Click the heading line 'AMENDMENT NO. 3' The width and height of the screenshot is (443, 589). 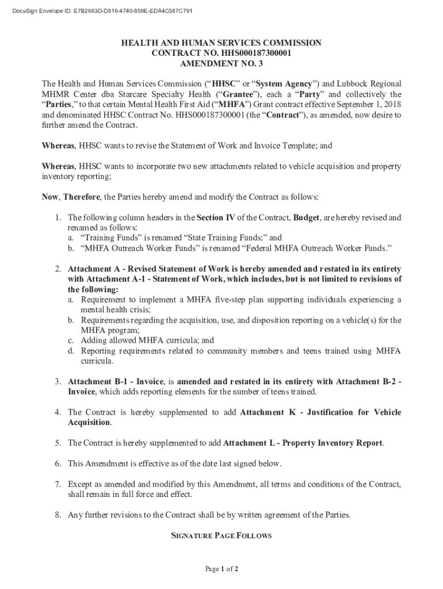pos(221,63)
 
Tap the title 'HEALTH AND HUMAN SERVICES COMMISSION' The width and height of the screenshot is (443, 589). pos(221,43)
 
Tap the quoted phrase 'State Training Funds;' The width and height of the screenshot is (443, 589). pos(214,238)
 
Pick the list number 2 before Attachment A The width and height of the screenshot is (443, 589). pos(58,269)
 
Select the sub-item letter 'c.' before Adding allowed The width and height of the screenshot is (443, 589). pos(71,341)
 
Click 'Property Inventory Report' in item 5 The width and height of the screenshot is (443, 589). pos(333,443)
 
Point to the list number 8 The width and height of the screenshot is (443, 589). pos(58,515)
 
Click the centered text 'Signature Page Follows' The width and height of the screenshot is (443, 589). pos(221,536)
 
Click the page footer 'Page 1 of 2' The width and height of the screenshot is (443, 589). pos(221,569)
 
